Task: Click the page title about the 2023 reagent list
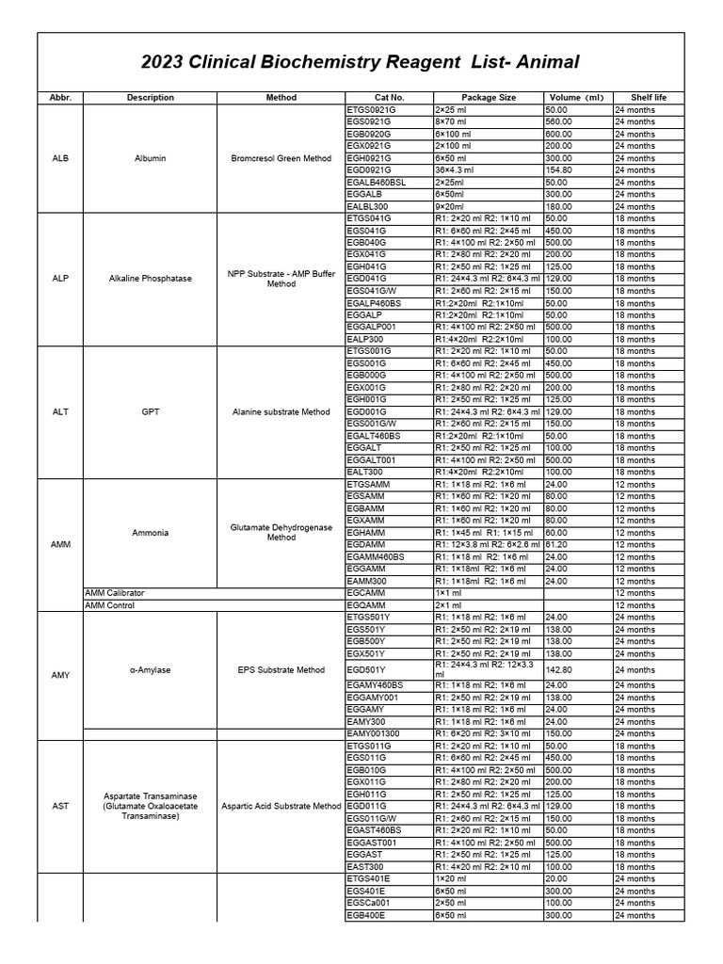361,63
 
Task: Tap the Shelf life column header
647,97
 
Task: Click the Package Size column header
488,97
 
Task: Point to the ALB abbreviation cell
60,158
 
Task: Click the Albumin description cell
150,158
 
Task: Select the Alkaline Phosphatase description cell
150,279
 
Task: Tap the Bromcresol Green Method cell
281,158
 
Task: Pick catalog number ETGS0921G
369,110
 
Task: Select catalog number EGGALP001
374,327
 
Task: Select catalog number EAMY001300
374,733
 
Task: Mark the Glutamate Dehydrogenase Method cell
281,533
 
